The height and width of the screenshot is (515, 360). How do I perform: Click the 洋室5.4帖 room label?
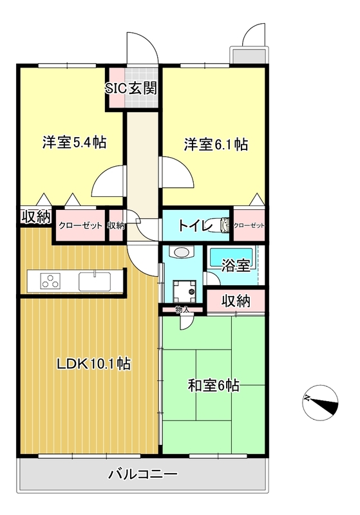pos(74,142)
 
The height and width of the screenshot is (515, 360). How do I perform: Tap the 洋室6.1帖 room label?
pos(216,144)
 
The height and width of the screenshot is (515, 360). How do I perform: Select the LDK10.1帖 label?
pos(94,364)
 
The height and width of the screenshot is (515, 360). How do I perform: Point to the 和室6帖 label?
pos(214,385)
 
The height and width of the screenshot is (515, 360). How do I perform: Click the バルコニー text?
pos(144,474)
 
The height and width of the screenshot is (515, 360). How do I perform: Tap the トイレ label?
pos(194,225)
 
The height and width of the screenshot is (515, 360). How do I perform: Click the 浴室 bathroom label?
pos(236,265)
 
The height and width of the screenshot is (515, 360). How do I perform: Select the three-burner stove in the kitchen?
pos(51,281)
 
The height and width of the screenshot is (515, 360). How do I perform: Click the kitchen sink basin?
pos(95,281)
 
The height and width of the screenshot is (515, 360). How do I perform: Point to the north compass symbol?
pos(320,402)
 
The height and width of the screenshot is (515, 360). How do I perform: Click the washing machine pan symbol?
pos(184,292)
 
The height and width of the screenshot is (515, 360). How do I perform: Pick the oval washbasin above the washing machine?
pos(182,252)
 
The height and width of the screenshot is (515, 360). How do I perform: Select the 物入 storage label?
pos(182,310)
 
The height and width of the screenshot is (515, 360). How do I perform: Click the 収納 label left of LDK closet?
pos(36,217)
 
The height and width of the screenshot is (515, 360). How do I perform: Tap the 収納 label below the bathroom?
pos(236,301)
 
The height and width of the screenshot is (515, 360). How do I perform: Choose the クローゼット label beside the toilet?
pos(249,226)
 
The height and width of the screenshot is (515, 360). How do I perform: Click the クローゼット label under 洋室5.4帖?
pos(81,226)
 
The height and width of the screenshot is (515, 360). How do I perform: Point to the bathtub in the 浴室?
pos(231,257)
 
